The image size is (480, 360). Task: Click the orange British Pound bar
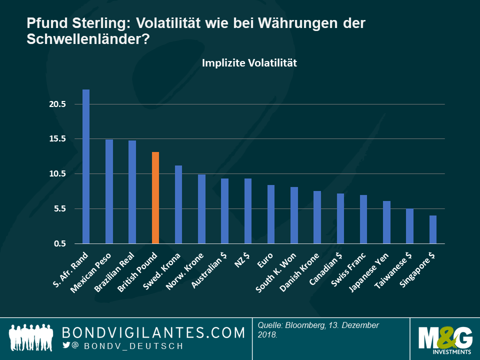(x=155, y=197)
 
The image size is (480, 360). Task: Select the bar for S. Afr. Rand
(x=86, y=166)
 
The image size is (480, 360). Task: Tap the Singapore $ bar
(x=433, y=229)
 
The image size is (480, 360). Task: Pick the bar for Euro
(x=271, y=214)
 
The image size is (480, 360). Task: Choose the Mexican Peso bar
(x=109, y=191)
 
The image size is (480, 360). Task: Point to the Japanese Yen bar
(x=386, y=222)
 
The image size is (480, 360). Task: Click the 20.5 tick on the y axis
(x=57, y=104)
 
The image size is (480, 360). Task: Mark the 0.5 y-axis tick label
(x=59, y=243)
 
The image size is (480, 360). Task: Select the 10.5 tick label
(x=57, y=174)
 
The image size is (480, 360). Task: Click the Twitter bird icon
(x=66, y=345)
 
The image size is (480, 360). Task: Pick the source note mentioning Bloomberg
(x=318, y=329)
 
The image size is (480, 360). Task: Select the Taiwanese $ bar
(x=409, y=226)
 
